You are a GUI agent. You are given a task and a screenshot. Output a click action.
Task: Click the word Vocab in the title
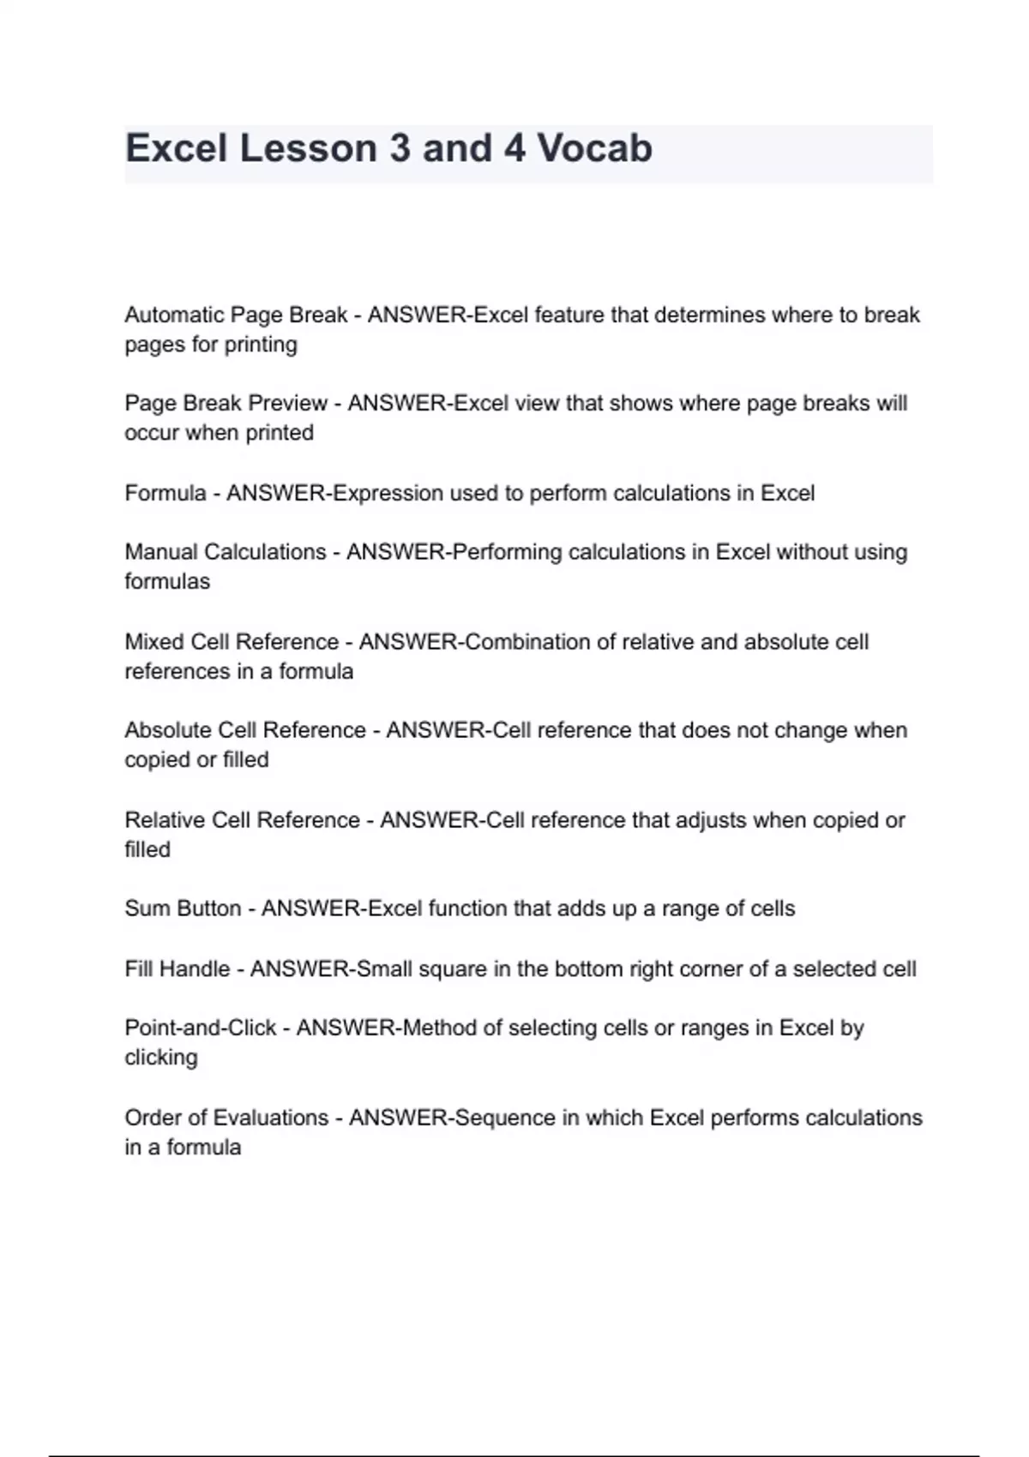click(x=594, y=148)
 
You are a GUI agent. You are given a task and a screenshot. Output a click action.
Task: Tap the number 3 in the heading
click(x=399, y=148)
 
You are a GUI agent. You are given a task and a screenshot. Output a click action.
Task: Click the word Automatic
click(x=175, y=315)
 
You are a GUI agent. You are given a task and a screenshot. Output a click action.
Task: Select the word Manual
click(x=161, y=552)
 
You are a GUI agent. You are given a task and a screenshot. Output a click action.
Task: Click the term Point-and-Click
click(x=201, y=1028)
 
